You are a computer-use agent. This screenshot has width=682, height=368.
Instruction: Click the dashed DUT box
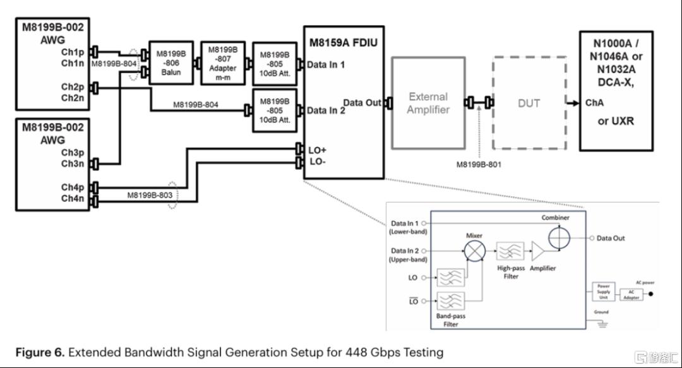[529, 103]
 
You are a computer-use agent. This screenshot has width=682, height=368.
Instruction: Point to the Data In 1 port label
[326, 64]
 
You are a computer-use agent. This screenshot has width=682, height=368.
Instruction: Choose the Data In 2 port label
[326, 111]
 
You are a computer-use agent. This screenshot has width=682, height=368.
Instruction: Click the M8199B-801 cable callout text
[479, 165]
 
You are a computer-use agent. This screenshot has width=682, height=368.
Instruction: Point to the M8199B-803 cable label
[150, 195]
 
